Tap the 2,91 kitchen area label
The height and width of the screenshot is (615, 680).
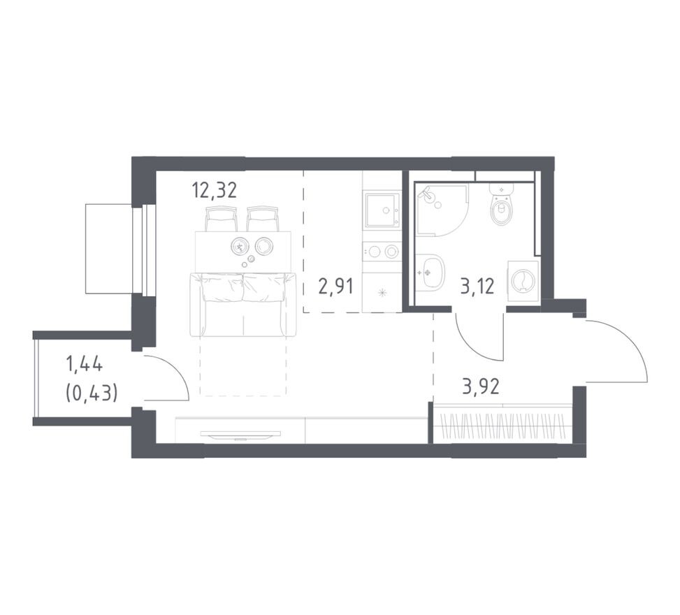pos(336,287)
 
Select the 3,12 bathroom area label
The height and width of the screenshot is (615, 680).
pos(477,287)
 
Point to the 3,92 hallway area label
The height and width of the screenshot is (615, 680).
pos(481,386)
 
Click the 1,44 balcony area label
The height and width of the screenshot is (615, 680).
pos(84,363)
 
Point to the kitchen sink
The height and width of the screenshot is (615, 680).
pos(382,210)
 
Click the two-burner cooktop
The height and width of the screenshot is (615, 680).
pos(382,251)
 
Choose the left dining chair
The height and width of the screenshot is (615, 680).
pos(221,219)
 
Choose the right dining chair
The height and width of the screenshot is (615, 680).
pos(263,219)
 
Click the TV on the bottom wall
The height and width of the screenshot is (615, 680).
pos(240,434)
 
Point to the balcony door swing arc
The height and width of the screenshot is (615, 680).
pos(175,369)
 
